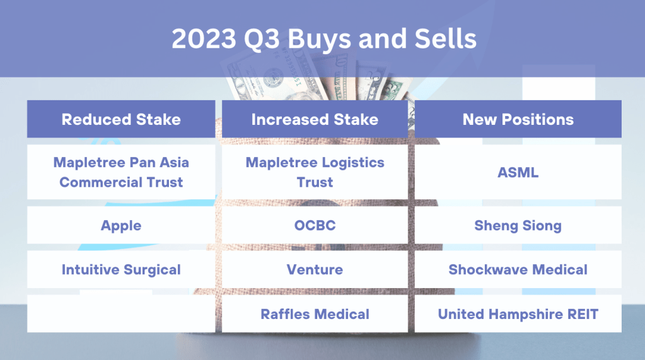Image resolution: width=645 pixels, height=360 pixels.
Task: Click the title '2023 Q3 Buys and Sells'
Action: pyautogui.click(x=323, y=38)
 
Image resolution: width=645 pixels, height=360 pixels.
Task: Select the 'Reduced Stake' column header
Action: pyautogui.click(x=121, y=119)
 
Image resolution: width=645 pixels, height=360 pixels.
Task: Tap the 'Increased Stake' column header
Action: pyautogui.click(x=315, y=119)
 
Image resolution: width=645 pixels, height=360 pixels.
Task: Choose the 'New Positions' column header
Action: pyautogui.click(x=518, y=119)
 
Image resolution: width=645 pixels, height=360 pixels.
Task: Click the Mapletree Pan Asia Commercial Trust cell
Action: pyautogui.click(x=121, y=172)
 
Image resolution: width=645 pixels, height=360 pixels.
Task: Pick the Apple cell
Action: pyautogui.click(x=121, y=225)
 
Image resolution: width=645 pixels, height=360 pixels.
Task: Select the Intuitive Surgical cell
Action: pyautogui.click(x=121, y=269)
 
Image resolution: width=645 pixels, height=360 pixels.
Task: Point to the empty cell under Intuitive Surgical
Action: pyautogui.click(x=121, y=313)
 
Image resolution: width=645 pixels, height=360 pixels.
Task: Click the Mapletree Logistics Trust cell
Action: pyautogui.click(x=315, y=172)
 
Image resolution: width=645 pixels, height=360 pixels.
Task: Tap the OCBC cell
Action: pyautogui.click(x=315, y=225)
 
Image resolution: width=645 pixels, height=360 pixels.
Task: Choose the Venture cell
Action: pyautogui.click(x=315, y=269)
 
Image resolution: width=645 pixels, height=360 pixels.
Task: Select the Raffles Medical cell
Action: pyautogui.click(x=315, y=313)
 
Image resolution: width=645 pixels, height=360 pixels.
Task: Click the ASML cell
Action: pyautogui.click(x=518, y=172)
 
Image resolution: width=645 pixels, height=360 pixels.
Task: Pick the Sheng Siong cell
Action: pyautogui.click(x=518, y=225)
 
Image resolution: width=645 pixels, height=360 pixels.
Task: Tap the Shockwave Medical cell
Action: pyautogui.click(x=518, y=269)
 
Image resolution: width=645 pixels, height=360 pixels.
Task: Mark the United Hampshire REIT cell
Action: pyautogui.click(x=518, y=313)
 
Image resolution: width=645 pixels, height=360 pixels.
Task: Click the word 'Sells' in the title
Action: pyautogui.click(x=446, y=38)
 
